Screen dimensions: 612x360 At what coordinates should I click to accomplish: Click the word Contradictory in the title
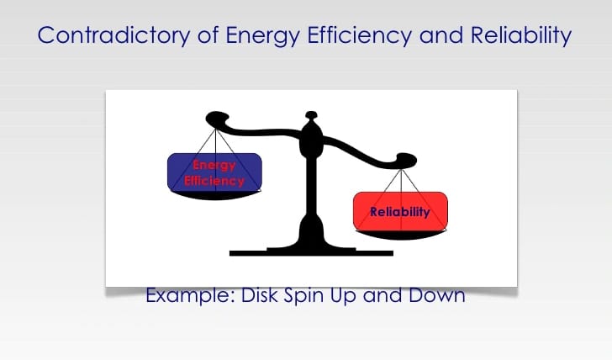(x=113, y=35)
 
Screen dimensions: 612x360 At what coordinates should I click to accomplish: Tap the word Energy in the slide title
(x=263, y=36)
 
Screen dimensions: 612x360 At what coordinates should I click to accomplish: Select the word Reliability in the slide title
(x=521, y=36)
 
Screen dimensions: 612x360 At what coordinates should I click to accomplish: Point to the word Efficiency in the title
(x=360, y=36)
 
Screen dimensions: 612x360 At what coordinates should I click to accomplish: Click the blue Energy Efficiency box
(x=214, y=172)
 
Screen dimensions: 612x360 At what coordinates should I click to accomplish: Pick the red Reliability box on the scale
(x=400, y=211)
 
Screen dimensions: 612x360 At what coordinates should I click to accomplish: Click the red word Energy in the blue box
(x=214, y=165)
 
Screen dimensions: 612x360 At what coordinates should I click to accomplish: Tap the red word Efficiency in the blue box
(x=214, y=181)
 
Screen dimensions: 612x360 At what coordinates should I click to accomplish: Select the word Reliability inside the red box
(x=400, y=212)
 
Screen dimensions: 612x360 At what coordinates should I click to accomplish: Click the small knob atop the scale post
(x=311, y=114)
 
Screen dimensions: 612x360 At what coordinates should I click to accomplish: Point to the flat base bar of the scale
(x=311, y=253)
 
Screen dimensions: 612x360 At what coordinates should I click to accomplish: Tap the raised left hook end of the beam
(x=217, y=119)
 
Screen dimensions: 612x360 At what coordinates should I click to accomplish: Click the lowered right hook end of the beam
(x=406, y=160)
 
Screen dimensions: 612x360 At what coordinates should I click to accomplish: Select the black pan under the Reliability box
(x=400, y=235)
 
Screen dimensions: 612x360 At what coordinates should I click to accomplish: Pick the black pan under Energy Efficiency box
(x=214, y=195)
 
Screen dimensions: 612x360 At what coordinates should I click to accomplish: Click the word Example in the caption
(x=191, y=295)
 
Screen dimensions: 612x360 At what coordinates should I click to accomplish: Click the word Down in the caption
(x=437, y=295)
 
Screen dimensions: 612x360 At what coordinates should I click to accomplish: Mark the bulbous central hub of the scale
(x=311, y=139)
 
